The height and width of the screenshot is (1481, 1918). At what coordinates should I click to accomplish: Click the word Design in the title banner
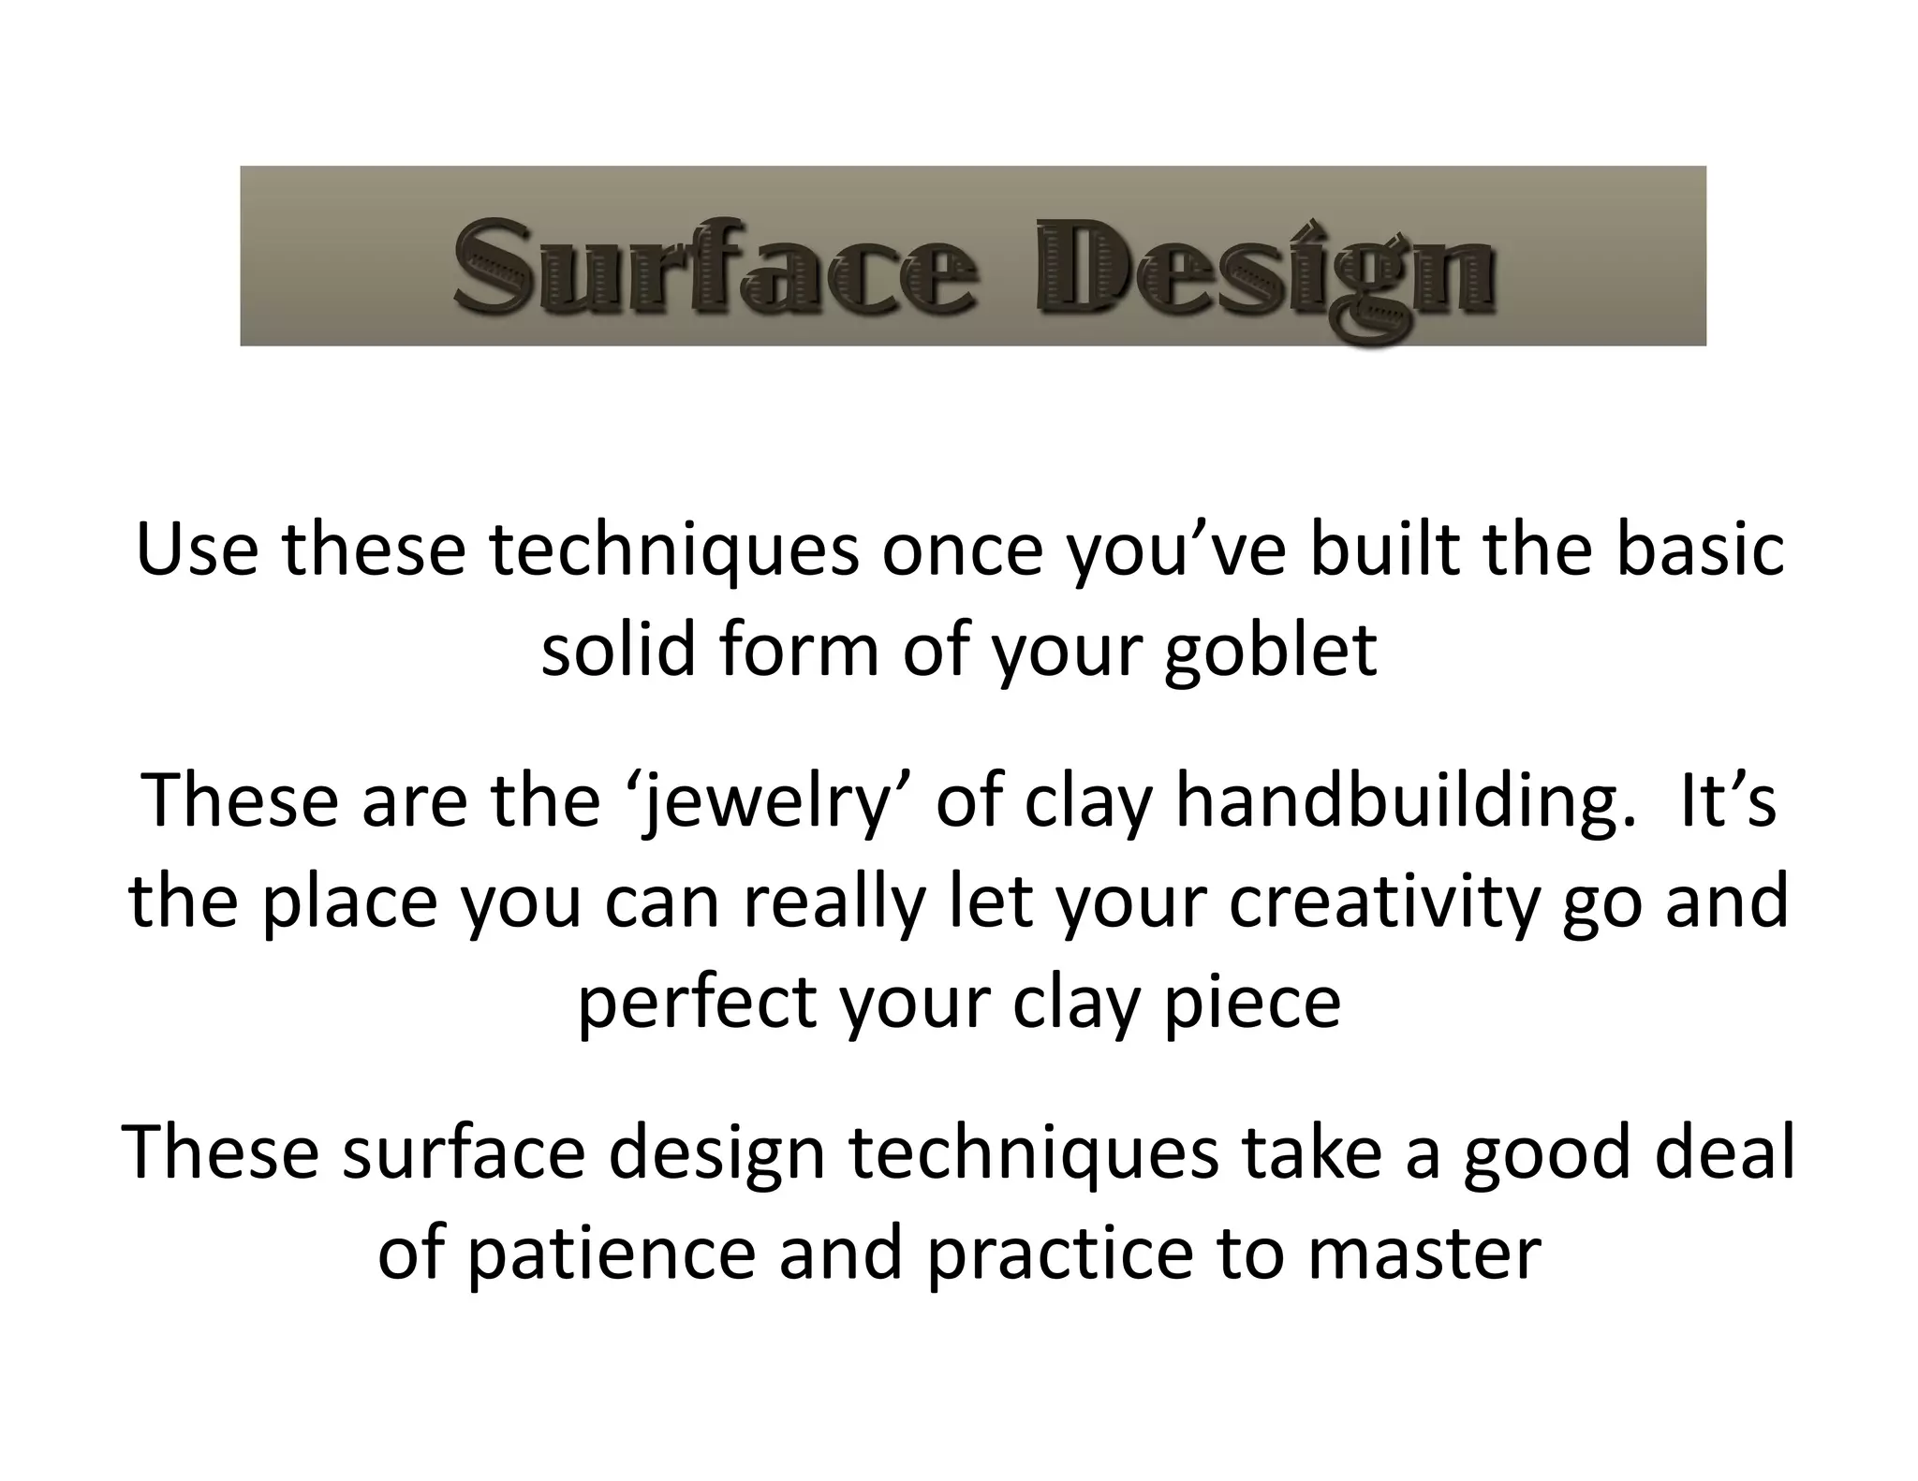[x=1264, y=271]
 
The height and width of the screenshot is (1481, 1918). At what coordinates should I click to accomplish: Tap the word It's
[x=1728, y=801]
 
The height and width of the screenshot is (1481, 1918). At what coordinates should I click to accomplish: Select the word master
[x=1424, y=1253]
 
